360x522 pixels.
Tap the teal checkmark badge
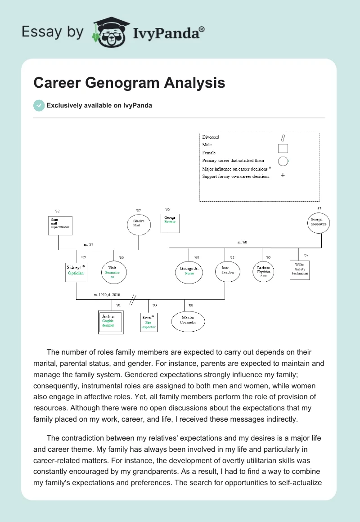coord(39,105)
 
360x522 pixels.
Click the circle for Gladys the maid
coord(138,224)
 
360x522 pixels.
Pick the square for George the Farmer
coord(170,223)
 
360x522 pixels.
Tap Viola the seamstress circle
coord(113,272)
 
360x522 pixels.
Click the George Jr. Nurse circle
coord(189,272)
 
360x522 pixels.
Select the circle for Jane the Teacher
coord(225,271)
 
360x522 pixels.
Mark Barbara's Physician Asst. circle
coord(263,272)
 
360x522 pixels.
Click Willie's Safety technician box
coord(300,270)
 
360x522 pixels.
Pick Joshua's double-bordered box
coord(110,322)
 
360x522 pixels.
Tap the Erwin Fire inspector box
coord(148,322)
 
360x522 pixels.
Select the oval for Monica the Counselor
coord(188,321)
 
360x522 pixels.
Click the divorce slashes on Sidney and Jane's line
coord(133,299)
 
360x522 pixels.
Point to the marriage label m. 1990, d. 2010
coord(107,295)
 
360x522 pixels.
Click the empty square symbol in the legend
coord(283,148)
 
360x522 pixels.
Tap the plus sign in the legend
coord(283,175)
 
